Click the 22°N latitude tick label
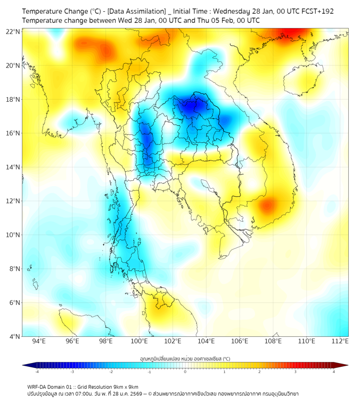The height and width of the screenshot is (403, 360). [13, 31]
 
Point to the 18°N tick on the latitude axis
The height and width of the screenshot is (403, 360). [13, 100]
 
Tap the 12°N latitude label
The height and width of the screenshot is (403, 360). [13, 201]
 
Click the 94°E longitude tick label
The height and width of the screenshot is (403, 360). [39, 342]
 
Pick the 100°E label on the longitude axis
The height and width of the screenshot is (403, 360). [140, 342]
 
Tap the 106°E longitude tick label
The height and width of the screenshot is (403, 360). [240, 342]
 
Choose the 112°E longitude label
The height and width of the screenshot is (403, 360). [340, 342]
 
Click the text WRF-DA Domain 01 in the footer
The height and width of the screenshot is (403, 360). [54, 386]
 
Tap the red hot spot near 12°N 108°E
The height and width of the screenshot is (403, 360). [267, 205]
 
